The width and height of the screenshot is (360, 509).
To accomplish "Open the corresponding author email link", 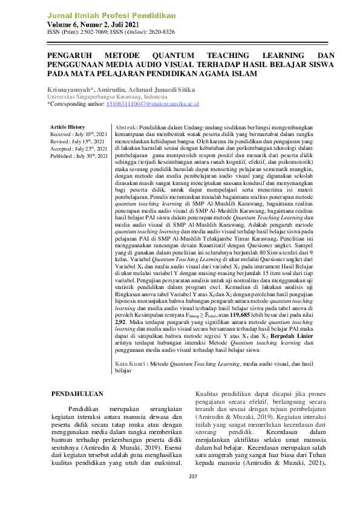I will click(152, 104).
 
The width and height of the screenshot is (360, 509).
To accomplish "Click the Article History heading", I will click(67, 127).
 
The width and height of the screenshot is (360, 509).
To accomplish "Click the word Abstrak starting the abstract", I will click(125, 128).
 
